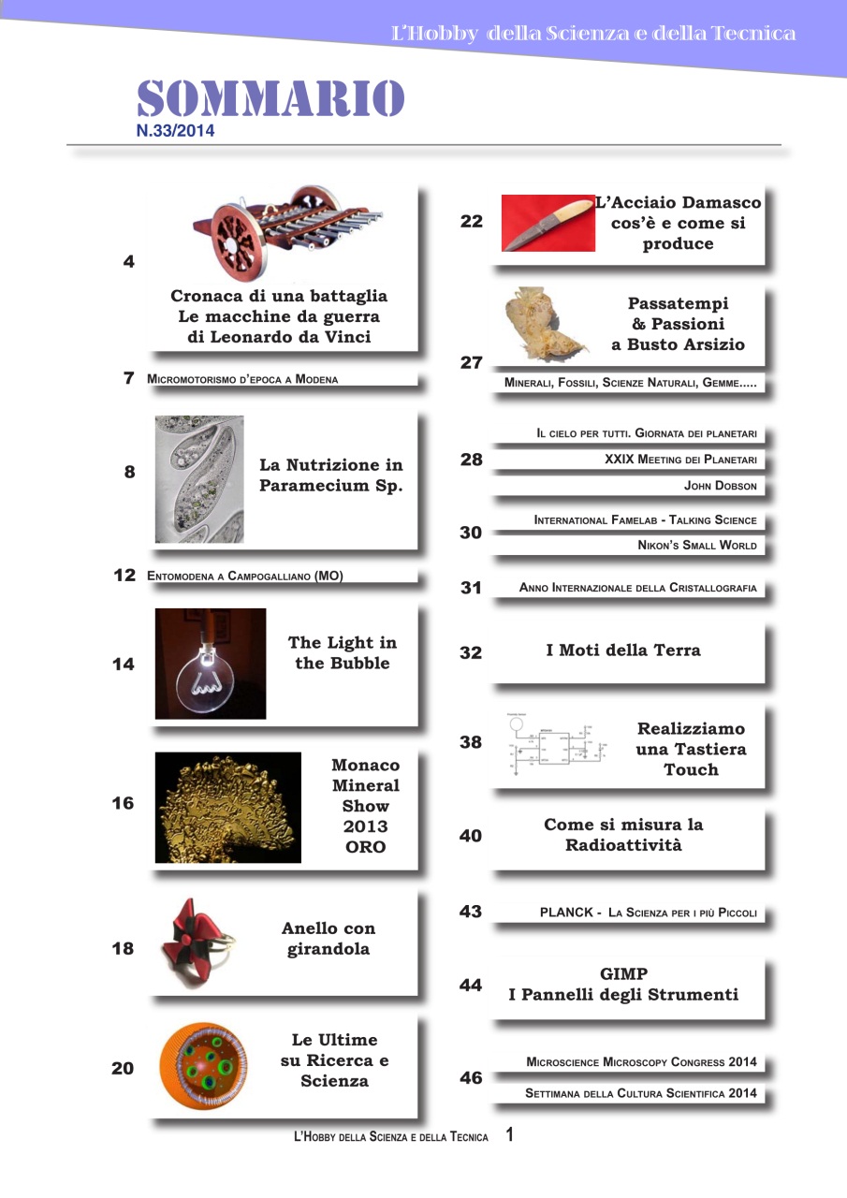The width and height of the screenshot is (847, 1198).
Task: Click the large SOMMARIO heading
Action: coord(270,99)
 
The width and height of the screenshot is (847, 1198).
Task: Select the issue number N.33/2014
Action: coord(175,132)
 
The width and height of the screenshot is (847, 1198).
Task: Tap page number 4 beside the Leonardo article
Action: coord(128,262)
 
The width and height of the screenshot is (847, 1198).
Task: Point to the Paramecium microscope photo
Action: coord(199,479)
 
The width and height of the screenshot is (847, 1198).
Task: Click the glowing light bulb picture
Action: coord(210,664)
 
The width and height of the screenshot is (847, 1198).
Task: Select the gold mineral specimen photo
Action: coord(227,808)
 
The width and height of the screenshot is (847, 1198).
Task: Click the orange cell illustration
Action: coord(203,1065)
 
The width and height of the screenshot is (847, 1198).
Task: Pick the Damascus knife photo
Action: coord(548,224)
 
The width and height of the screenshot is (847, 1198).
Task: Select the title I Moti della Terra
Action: coord(623,650)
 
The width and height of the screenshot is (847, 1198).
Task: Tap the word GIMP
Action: coord(623,974)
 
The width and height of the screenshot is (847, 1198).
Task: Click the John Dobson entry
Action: coord(721,486)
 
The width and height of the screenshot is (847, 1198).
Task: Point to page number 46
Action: coord(471,1078)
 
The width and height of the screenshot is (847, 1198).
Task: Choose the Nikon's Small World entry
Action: coord(697,546)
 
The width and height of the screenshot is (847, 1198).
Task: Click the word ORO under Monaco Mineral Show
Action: coord(365,847)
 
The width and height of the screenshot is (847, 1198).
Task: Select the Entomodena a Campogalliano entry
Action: coord(245,577)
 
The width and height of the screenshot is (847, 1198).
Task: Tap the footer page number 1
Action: coord(510,1135)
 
